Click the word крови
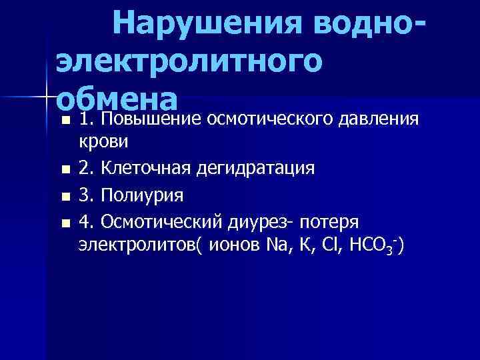99,142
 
